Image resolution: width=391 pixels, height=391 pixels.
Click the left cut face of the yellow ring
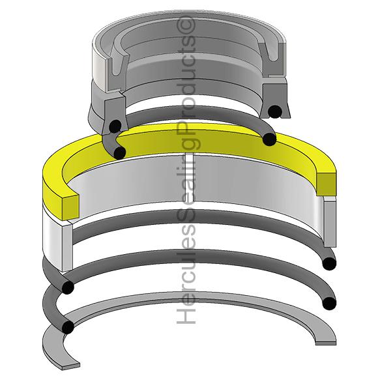[x=70, y=207]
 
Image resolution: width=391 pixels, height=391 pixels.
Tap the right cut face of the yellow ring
[x=326, y=184]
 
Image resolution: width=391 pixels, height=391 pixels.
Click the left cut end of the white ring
[x=67, y=248]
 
